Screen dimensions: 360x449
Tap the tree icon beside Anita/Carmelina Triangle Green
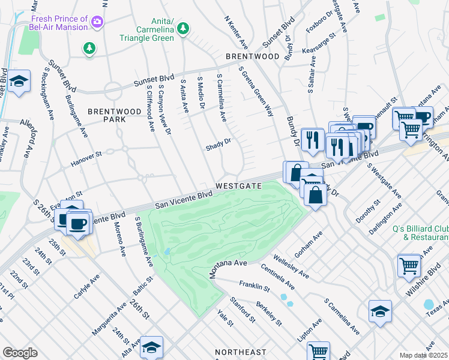point(184,28)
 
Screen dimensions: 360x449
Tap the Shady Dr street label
point(218,146)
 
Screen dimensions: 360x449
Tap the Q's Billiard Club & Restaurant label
point(420,232)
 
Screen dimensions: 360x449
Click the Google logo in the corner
point(20,353)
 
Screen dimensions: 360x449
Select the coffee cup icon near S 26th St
point(77,223)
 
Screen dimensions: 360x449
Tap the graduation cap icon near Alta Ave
point(152,346)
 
